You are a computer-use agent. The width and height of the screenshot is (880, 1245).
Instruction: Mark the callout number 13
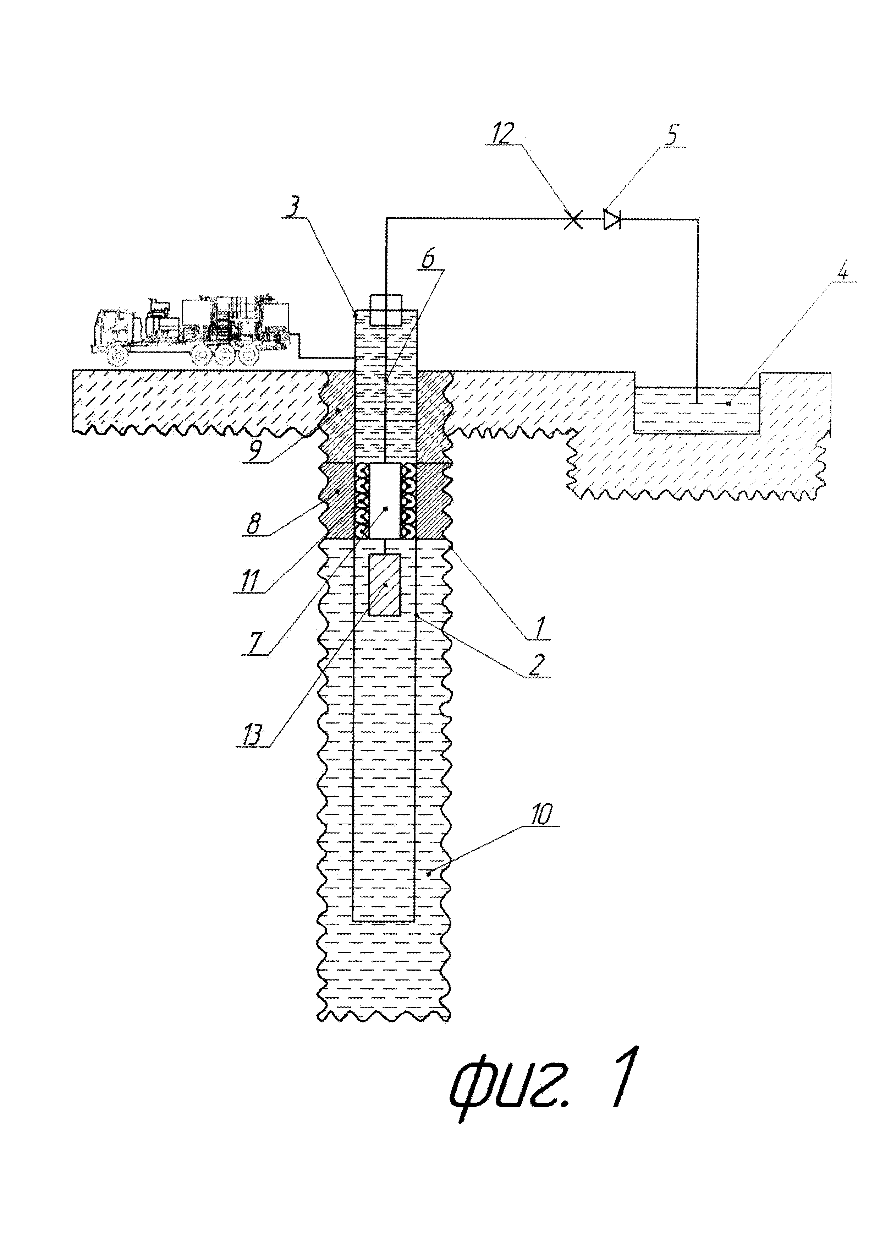coord(251,735)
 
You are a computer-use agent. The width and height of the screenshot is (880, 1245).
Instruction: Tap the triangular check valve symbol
coord(612,220)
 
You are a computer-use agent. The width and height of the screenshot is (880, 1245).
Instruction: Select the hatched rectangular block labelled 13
coord(384,585)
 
